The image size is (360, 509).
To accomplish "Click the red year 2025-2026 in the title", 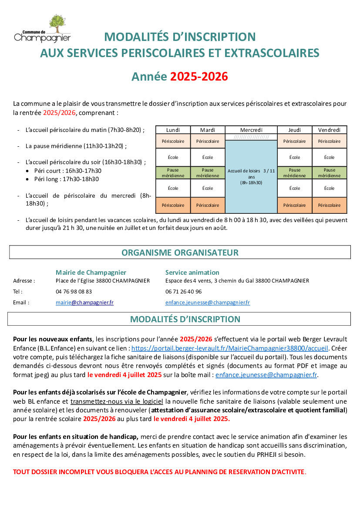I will (199, 77).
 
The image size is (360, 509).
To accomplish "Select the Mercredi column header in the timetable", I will (251, 130).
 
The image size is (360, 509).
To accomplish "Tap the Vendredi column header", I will (329, 130).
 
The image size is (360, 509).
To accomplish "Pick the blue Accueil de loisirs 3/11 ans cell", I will (251, 177).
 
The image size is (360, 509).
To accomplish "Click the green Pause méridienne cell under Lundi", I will (173, 173).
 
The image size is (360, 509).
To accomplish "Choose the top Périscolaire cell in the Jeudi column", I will (294, 141).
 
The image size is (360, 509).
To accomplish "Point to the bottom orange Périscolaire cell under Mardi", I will (208, 205).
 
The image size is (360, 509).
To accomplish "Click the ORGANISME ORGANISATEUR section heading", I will (180, 253).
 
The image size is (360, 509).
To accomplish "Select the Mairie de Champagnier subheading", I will (91, 272).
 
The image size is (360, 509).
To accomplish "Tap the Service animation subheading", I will (192, 272).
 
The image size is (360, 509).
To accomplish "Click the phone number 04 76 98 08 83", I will (74, 292).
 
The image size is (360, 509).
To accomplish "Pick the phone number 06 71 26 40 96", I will (183, 292).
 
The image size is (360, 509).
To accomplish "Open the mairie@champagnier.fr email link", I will (84, 303).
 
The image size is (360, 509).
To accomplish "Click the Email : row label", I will (21, 303).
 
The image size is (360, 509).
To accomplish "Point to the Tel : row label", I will (18, 292).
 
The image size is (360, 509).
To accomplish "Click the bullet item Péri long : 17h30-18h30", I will (67, 179).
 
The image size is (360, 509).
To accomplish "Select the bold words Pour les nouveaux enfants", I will (53, 339).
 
